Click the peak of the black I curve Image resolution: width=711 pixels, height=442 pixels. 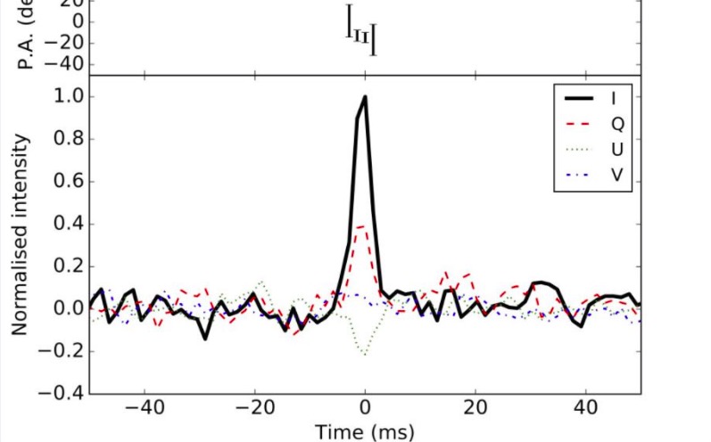pos(365,97)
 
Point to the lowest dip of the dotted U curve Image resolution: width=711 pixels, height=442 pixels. pos(365,354)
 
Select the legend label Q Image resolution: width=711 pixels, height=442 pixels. pos(616,123)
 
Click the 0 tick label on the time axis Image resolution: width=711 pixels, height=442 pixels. pos(365,413)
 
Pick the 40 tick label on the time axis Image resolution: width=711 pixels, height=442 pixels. pos(586,413)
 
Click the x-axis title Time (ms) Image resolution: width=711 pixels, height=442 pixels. pos(365,432)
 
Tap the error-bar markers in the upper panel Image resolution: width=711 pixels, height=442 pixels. pos(360,38)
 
